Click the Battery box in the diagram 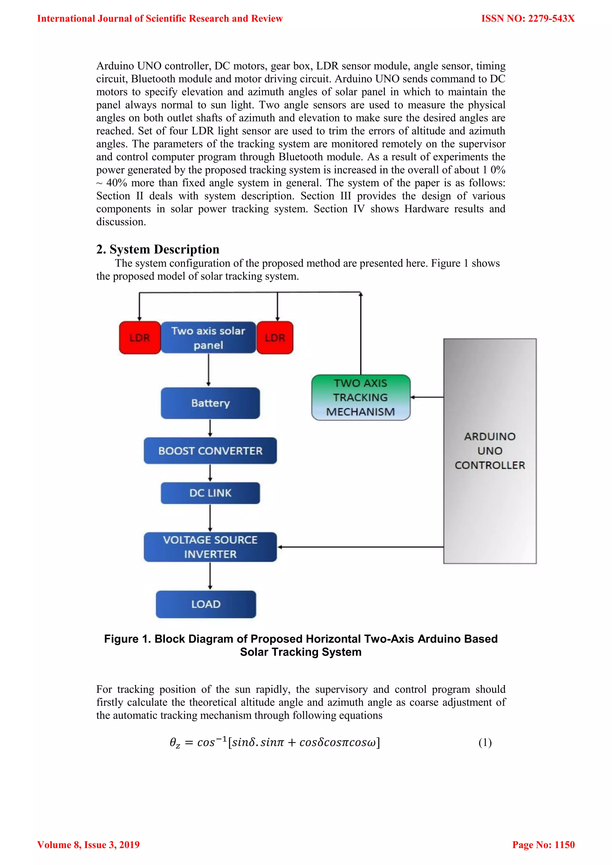coord(210,403)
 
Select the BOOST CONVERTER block coord(210,451)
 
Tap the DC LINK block coord(210,493)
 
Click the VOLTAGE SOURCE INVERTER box coord(210,547)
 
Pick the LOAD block coord(206,604)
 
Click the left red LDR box coord(140,338)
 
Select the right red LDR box coord(275,338)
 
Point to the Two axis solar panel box coord(208,338)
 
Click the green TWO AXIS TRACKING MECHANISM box coord(361,398)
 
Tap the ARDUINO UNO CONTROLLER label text coord(490,451)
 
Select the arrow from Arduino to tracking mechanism coord(427,397)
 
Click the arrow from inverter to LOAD coord(210,576)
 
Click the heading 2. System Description coord(157,249)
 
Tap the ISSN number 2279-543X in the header coord(551,19)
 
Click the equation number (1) coord(485,742)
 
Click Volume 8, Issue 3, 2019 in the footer coord(88,845)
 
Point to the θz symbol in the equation coord(175,743)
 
